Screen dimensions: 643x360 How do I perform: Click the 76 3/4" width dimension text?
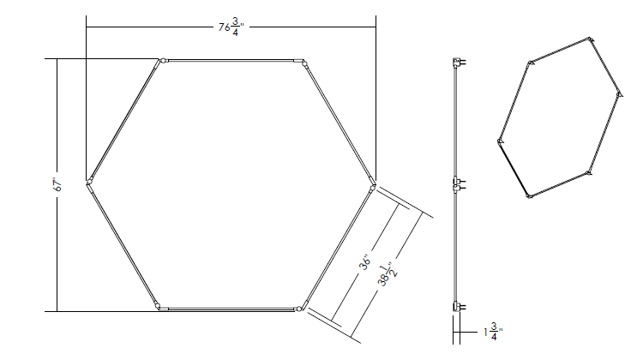click(x=231, y=28)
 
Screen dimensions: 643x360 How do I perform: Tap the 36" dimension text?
click(x=365, y=262)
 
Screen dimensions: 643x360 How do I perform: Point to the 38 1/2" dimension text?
click(x=388, y=275)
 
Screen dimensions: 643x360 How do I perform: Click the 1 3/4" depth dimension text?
click(x=493, y=332)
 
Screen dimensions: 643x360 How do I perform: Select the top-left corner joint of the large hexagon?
click(x=162, y=61)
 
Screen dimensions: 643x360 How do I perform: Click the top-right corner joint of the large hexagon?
click(x=303, y=63)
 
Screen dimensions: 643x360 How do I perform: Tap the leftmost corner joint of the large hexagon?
click(x=89, y=182)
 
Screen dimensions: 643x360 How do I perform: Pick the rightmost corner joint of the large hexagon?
click(x=372, y=187)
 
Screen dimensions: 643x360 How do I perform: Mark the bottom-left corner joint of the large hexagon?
click(x=158, y=306)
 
